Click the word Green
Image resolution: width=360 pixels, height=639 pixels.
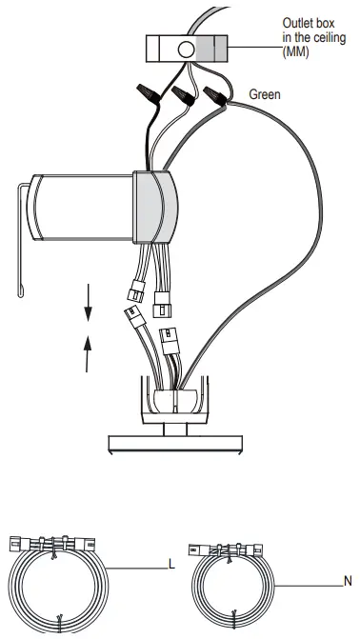tap(265, 95)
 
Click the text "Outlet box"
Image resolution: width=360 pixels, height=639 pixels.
tap(306, 22)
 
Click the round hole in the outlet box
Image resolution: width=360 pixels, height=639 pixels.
tap(186, 48)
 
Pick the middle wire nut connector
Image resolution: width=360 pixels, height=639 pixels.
tap(184, 94)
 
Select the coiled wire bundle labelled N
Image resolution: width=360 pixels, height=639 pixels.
tap(234, 586)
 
